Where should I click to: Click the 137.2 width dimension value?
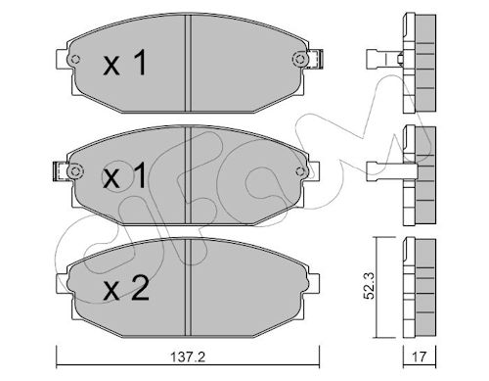pos(188,357)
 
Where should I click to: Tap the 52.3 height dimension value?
pos(369,286)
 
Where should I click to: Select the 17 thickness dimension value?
pos(420,357)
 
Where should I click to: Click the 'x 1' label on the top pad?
pos(125,64)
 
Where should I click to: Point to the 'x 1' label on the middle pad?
pos(124,175)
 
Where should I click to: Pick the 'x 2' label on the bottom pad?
pos(126,288)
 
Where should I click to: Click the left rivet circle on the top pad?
pos(75,60)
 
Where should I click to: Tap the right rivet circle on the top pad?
pos(300,59)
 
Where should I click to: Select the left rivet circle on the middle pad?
pos(75,171)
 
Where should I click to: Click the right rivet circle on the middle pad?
pos(300,171)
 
